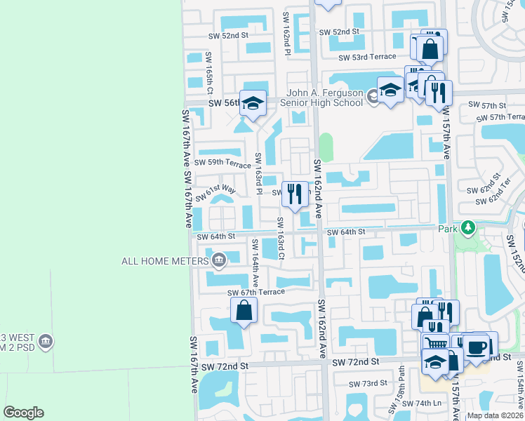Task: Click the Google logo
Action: pyautogui.click(x=23, y=412)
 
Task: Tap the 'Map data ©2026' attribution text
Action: pyautogui.click(x=494, y=415)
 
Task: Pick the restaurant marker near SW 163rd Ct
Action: pyautogui.click(x=294, y=194)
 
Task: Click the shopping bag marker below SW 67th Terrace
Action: pyautogui.click(x=244, y=309)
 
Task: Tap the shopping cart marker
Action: pyautogui.click(x=436, y=344)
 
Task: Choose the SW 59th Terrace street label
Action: pyautogui.click(x=222, y=164)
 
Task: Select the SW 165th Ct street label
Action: pyautogui.click(x=209, y=72)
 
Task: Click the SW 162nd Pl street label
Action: pyautogui.click(x=286, y=33)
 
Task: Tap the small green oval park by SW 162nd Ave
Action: pyautogui.click(x=325, y=147)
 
